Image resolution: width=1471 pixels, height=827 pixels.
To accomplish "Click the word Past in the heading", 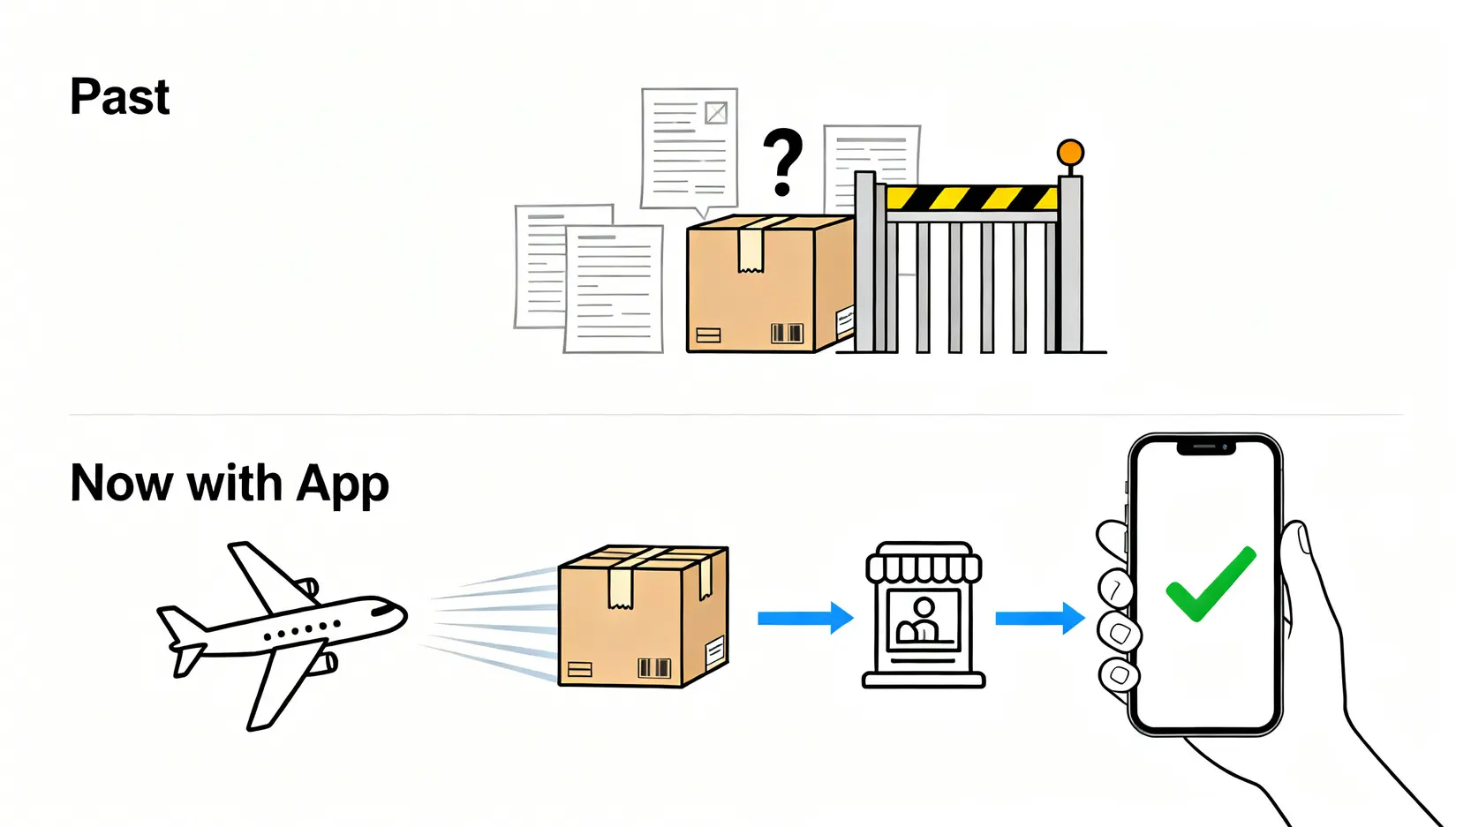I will pyautogui.click(x=119, y=96).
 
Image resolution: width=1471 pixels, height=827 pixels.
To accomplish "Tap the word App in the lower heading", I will pyautogui.click(x=343, y=485).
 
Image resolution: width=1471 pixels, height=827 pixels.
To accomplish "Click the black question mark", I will pyautogui.click(x=782, y=161).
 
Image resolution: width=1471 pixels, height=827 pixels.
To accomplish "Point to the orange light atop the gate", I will pyautogui.click(x=1070, y=153).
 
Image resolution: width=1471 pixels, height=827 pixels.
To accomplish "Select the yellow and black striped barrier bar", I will pyautogui.click(x=971, y=198).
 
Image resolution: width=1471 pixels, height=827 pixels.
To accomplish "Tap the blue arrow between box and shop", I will pyautogui.click(x=804, y=618).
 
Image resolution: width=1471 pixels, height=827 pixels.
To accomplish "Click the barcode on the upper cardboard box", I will pyautogui.click(x=786, y=333).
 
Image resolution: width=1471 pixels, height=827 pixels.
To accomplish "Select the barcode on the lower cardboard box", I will pyautogui.click(x=654, y=667).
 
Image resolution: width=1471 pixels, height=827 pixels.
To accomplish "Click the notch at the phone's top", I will pyautogui.click(x=1205, y=447).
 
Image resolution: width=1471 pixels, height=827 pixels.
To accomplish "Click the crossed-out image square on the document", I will pyautogui.click(x=716, y=113).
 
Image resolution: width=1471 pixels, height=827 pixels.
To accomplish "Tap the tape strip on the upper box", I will pyautogui.click(x=751, y=246).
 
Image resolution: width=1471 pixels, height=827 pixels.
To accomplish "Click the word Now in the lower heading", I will pyautogui.click(x=121, y=485).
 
